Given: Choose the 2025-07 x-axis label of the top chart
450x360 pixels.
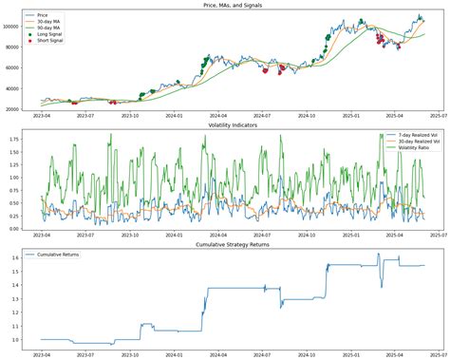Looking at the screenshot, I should point(423,117).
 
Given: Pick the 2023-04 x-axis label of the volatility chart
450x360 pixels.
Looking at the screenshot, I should point(41,237).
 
